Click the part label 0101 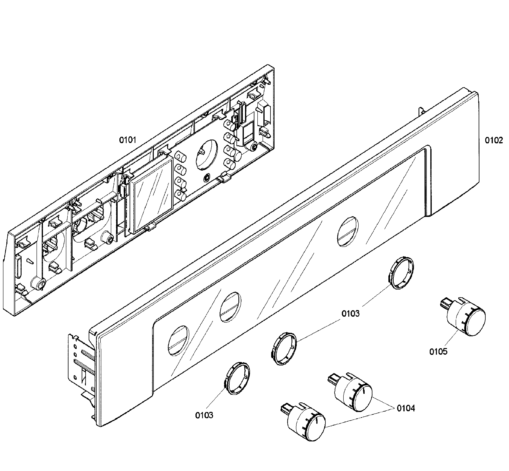(x=128, y=140)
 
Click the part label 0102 (x=494, y=140)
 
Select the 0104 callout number (x=406, y=408)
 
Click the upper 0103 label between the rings (x=350, y=314)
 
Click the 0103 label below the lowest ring (x=204, y=415)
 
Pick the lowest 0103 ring (x=237, y=378)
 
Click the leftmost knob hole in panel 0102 (x=179, y=340)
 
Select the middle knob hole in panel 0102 (x=230, y=307)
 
